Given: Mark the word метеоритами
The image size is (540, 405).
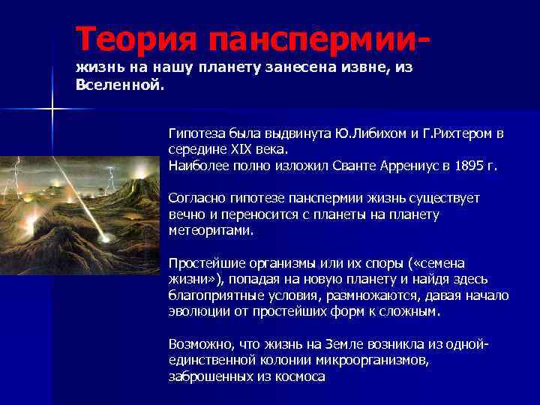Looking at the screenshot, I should (x=211, y=230).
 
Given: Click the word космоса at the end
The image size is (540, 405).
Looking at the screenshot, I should (x=298, y=376).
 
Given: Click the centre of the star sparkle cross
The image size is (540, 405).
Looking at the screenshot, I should (x=52, y=109).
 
